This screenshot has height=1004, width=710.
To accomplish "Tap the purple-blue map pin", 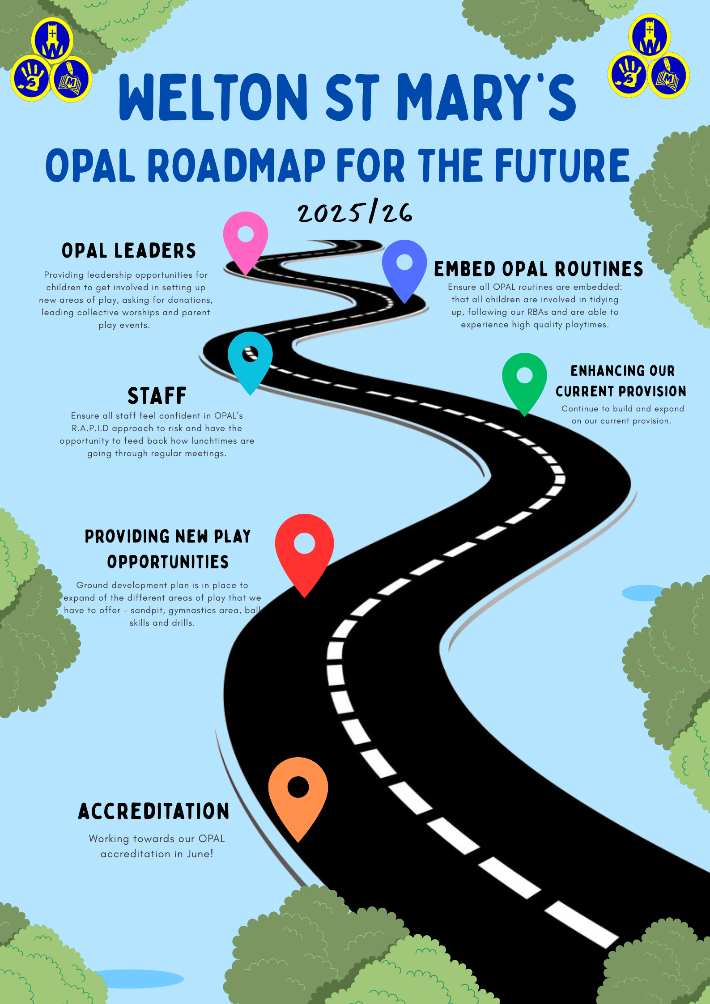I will (404, 267).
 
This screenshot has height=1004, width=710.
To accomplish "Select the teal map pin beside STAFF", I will (250, 358).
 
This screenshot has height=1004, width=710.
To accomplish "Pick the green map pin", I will (524, 380).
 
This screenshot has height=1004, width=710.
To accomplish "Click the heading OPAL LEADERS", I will (129, 251).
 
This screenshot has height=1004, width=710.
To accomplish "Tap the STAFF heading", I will (157, 396).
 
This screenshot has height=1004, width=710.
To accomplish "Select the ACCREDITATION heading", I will (154, 811).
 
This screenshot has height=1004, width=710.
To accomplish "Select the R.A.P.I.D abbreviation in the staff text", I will (90, 428).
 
